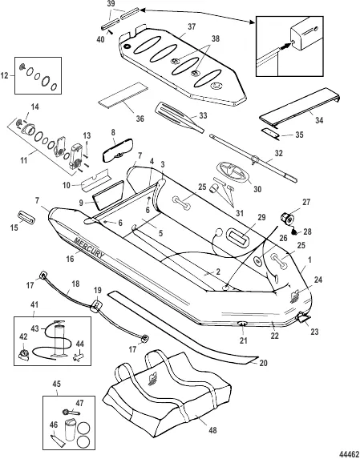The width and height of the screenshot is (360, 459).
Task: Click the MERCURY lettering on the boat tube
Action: coord(89,248)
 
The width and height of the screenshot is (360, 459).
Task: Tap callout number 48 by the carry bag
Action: coord(213,430)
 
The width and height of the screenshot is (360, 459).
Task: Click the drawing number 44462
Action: coord(349,453)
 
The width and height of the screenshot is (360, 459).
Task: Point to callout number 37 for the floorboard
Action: coord(192,26)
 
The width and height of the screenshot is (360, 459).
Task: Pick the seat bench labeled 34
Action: coord(299,107)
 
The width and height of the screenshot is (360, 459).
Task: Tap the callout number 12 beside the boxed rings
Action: coord(5,76)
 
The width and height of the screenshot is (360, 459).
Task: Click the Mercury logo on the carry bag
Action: coord(154,379)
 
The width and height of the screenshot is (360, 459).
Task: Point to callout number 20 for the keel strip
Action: coord(263,363)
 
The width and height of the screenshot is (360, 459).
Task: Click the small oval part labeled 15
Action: coord(26,216)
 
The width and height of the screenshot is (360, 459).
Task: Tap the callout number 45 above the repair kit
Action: coord(57,383)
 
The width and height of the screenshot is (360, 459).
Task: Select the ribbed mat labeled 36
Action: coord(123,95)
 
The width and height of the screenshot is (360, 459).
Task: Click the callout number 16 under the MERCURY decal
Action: coord(70,259)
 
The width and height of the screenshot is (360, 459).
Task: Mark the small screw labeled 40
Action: coord(110,32)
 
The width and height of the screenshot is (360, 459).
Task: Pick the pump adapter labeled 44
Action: coord(78,356)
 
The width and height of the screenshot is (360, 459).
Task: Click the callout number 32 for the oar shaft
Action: coord(278,153)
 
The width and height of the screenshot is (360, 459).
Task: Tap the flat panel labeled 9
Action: coord(108,195)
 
